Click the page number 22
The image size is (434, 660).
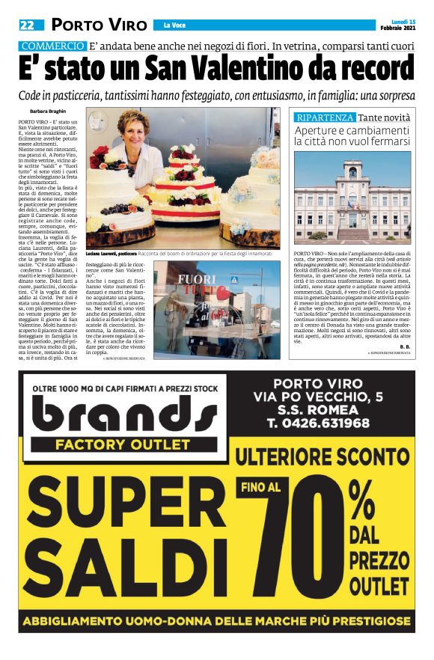pyautogui.click(x=27, y=25)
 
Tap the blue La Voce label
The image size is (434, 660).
pyautogui.click(x=174, y=26)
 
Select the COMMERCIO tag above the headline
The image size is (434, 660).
pyautogui.click(x=52, y=46)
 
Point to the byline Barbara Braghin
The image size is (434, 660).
pyautogui.click(x=49, y=113)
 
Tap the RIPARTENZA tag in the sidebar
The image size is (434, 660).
pyautogui.click(x=324, y=118)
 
